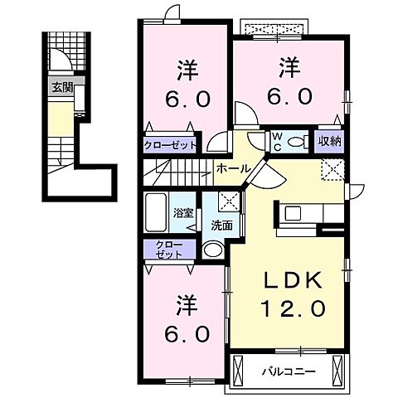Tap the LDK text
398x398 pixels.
[x=285, y=280]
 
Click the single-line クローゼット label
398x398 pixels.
[x=171, y=144]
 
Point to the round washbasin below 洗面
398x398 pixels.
[x=213, y=250]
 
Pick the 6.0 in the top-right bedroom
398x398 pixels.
[x=289, y=96]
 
